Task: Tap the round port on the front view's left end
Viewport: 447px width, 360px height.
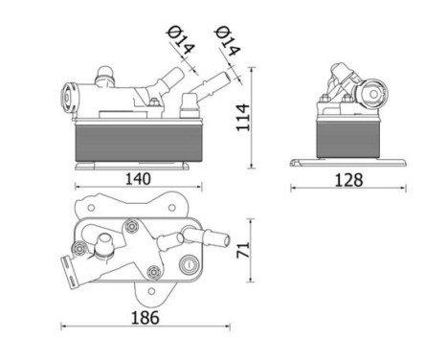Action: pos(68,95)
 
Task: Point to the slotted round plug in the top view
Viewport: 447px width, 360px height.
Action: pos(189,266)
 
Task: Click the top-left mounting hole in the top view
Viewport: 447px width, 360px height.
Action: pos(90,206)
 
